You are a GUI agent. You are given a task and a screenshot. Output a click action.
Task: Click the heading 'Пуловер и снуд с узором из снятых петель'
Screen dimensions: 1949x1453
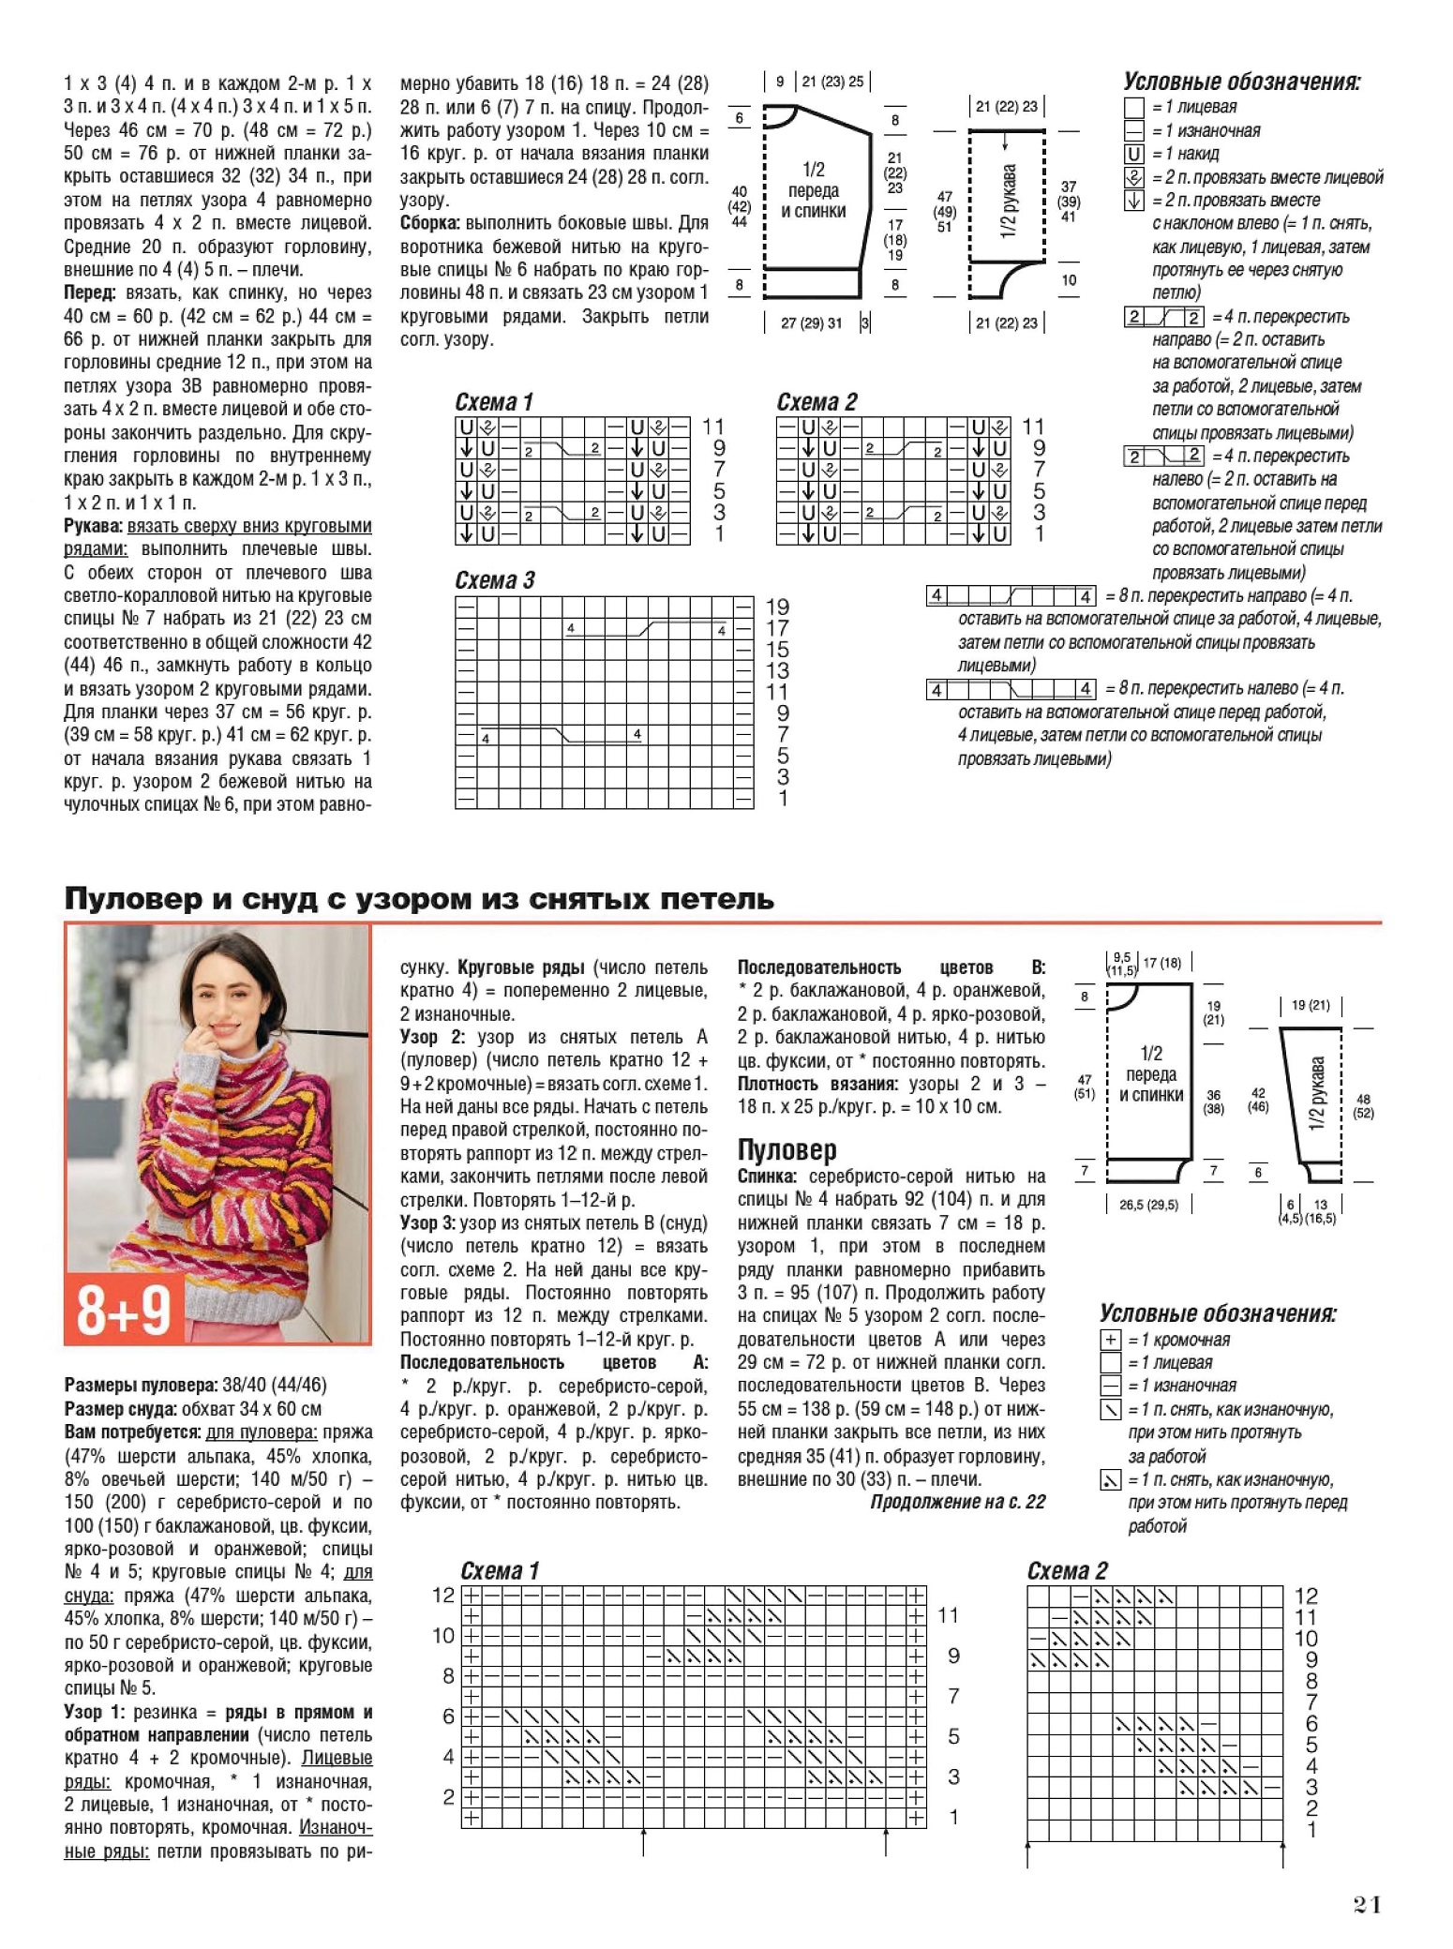419,899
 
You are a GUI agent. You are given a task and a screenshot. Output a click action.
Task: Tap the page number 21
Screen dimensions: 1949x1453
1368,1905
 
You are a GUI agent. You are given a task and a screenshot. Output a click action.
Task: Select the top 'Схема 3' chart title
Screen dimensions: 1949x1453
494,580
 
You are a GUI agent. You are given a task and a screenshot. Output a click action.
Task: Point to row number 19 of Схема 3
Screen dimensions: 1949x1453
777,607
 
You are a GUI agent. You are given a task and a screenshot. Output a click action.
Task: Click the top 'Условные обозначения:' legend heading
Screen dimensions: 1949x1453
1242,82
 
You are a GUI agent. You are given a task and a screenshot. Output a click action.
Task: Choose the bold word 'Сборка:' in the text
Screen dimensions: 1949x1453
430,223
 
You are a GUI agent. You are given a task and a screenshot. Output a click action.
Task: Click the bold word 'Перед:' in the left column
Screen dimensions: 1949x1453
90,292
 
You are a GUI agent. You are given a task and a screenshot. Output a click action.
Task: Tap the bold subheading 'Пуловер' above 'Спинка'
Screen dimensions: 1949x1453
786,1149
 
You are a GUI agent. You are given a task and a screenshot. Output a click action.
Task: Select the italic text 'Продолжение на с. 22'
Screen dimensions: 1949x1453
957,1502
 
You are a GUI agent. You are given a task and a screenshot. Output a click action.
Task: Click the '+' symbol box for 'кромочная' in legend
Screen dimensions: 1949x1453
1110,1340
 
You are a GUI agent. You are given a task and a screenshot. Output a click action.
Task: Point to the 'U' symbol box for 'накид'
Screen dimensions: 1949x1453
1133,154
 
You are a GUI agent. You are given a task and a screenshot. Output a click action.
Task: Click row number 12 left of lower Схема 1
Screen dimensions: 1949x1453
443,1595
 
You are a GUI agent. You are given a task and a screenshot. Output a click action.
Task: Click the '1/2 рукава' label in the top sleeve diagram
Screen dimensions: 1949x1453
1008,202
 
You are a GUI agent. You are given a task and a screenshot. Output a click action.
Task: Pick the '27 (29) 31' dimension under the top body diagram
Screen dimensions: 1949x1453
811,323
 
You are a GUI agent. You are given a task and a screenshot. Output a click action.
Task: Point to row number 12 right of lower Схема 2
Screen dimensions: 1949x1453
1306,1596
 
